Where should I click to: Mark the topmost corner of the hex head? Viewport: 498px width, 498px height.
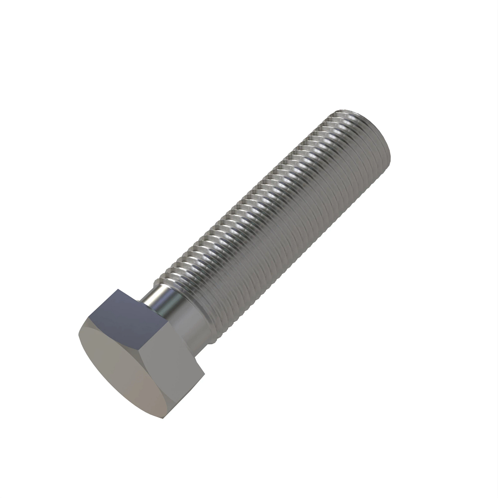tap(118, 289)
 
